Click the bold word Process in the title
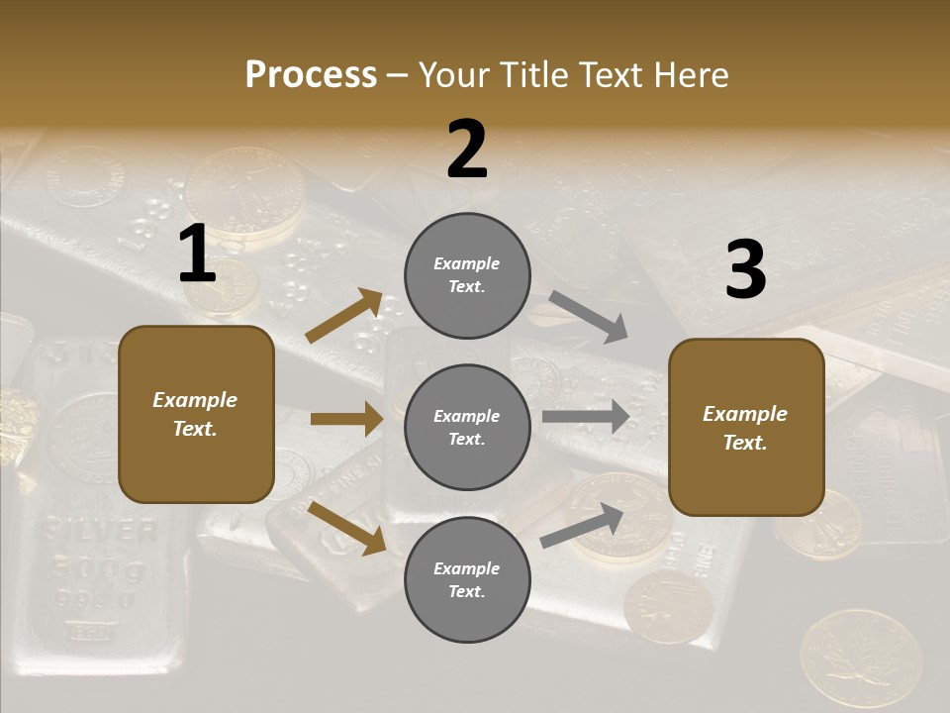tap(311, 74)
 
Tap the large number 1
tap(197, 255)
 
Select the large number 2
tap(467, 150)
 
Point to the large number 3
tap(745, 269)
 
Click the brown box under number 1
tap(196, 414)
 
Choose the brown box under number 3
tap(746, 427)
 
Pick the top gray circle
tap(467, 275)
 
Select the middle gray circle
tap(467, 427)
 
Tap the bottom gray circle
tap(467, 579)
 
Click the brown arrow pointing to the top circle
tap(344, 316)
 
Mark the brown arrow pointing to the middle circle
tap(346, 419)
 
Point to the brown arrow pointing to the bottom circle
tap(346, 528)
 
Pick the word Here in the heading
tap(692, 74)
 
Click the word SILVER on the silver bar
tap(99, 531)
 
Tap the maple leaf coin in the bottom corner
tap(859, 657)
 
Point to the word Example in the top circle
tap(467, 263)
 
